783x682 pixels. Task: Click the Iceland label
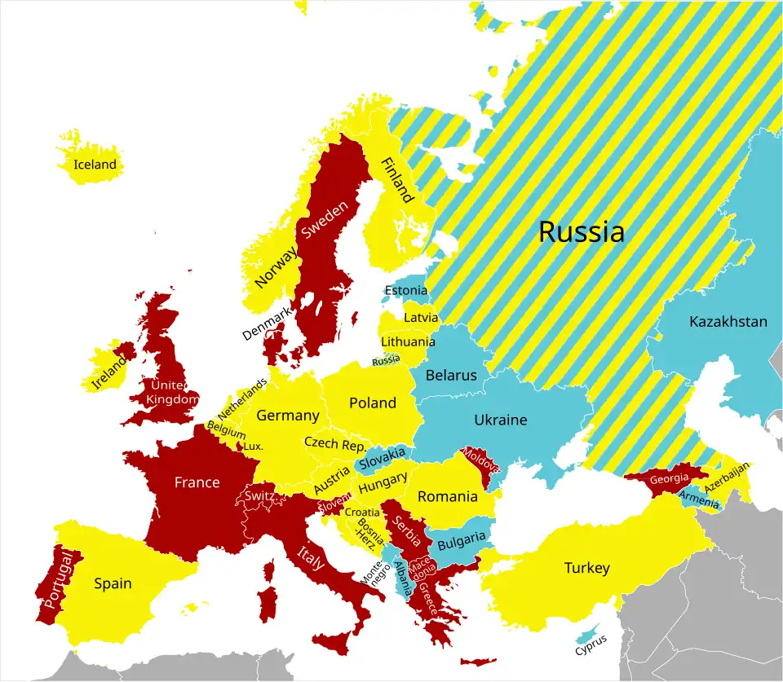click(95, 165)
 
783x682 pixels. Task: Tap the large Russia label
click(582, 232)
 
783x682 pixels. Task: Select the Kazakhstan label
click(728, 322)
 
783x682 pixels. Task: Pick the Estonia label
click(405, 291)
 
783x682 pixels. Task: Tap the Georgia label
click(669, 478)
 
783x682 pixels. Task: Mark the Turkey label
click(586, 568)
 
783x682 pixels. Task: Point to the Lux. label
click(254, 447)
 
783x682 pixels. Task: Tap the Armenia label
click(699, 499)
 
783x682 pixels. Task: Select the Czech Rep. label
click(335, 444)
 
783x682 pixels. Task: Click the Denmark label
click(266, 323)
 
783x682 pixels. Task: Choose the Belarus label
click(451, 376)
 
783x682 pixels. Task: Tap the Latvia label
click(421, 318)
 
